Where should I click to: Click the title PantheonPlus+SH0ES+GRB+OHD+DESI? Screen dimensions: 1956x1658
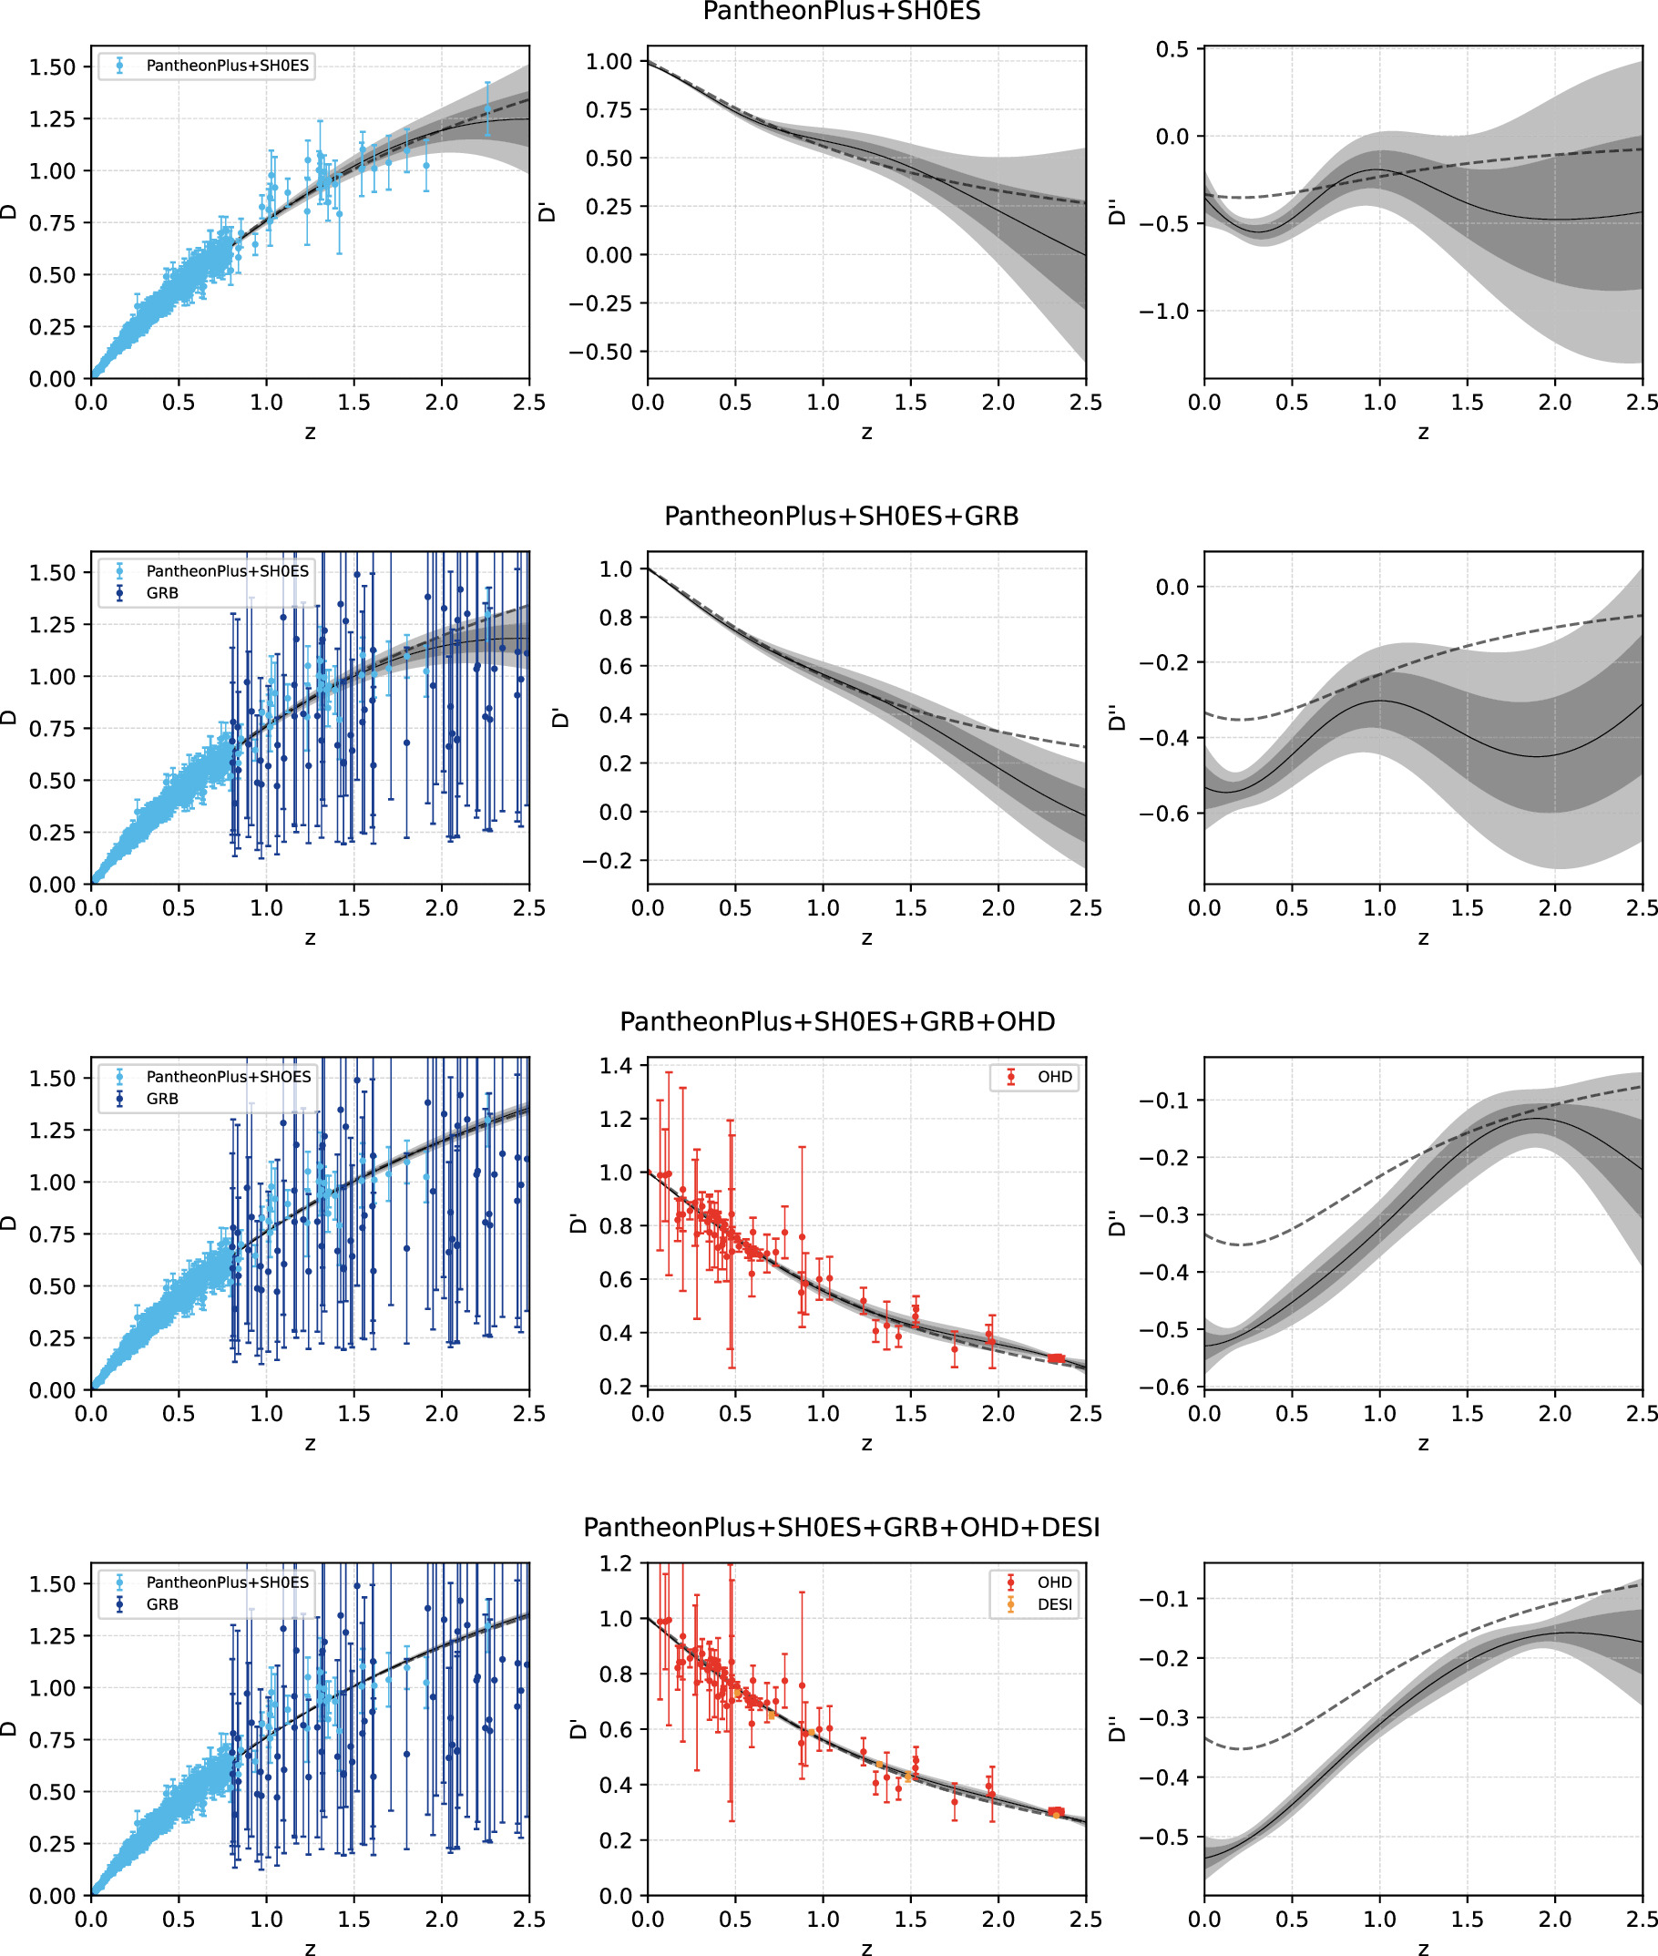point(841,1527)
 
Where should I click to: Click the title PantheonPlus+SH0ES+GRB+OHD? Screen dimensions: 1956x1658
point(837,1020)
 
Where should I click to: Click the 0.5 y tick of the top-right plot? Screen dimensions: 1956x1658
point(1172,49)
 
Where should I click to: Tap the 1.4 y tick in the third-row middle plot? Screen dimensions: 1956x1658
point(617,1066)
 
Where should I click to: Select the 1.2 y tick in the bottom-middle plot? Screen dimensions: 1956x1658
point(617,1563)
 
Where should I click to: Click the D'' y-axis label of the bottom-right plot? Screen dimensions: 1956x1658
point(1117,1728)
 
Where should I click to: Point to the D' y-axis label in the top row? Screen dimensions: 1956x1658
point(546,211)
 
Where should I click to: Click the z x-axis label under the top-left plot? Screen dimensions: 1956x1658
point(310,433)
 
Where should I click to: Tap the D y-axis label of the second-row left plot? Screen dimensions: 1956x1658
point(9,717)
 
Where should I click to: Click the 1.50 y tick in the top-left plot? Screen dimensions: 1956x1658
point(52,67)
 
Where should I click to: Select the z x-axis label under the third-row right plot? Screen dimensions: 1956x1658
point(1423,1444)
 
